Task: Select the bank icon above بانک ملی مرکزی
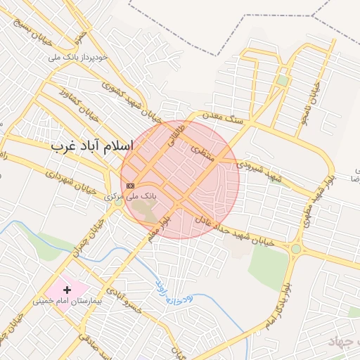click(129, 185)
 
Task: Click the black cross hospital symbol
click(67, 290)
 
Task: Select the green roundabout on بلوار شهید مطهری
click(296, 248)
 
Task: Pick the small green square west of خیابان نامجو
click(283, 80)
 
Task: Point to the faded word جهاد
click(342, 342)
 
